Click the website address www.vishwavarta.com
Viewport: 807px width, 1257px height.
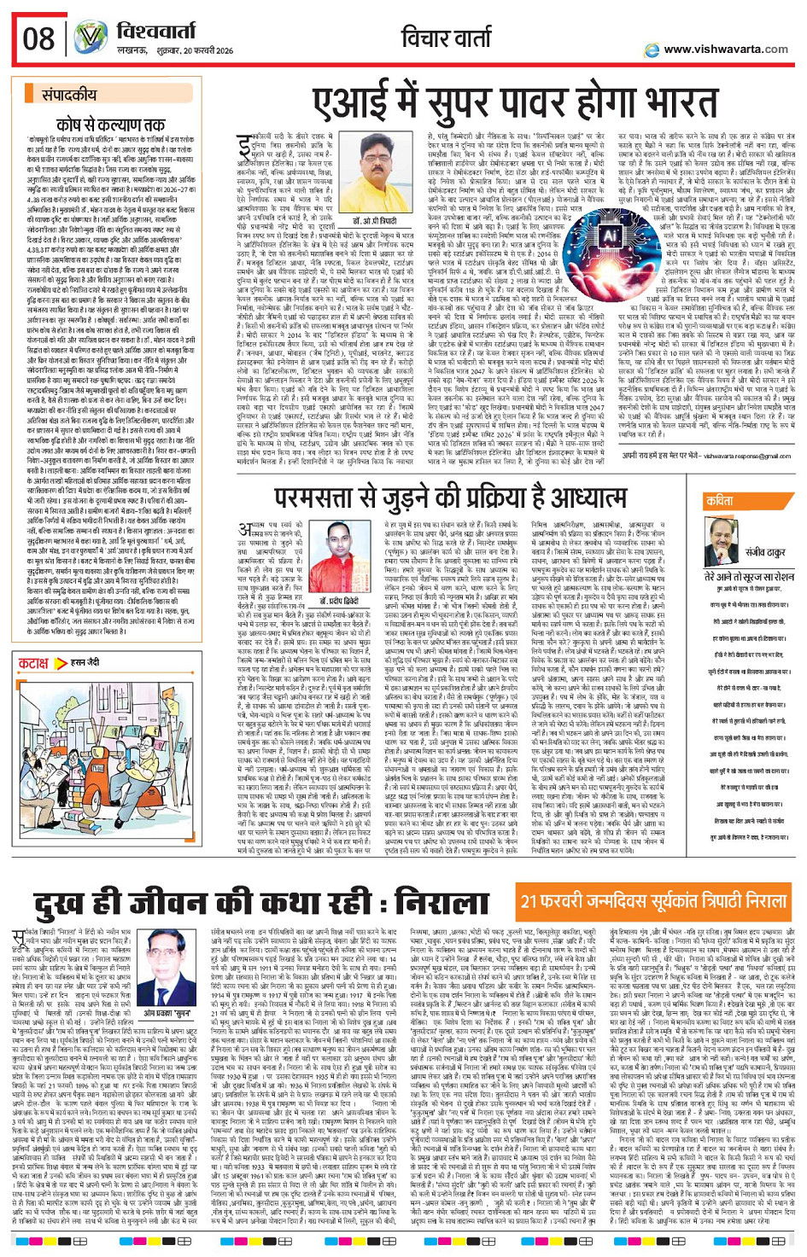point(725,49)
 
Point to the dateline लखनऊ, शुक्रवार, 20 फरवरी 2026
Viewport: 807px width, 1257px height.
point(174,51)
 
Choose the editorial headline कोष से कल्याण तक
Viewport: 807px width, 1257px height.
point(110,125)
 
